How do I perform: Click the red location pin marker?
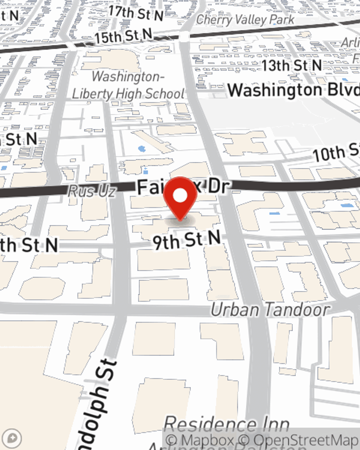click(x=180, y=198)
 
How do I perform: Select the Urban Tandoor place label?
click(x=270, y=310)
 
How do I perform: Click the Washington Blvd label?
click(x=293, y=90)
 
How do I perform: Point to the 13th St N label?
click(x=292, y=66)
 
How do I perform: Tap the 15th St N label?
click(x=123, y=36)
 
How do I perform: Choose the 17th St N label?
click(x=136, y=14)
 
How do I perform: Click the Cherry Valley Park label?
click(x=245, y=19)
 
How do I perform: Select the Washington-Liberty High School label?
click(x=128, y=85)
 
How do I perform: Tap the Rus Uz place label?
click(x=92, y=191)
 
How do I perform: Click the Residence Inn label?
click(x=226, y=424)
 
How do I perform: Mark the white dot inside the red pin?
click(x=180, y=196)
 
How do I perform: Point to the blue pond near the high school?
click(x=142, y=148)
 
